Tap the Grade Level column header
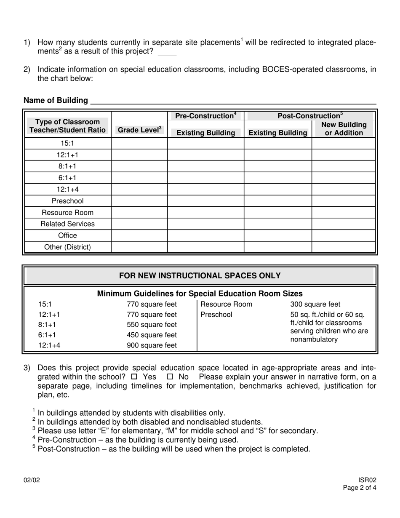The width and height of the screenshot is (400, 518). point(139,130)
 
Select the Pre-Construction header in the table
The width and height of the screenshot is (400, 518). point(205,116)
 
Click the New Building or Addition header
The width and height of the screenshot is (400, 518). point(344,129)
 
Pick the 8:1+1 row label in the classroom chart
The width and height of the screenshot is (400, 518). point(67,166)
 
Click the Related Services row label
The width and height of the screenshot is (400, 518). point(67,224)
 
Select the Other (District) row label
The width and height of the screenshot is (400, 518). point(67,247)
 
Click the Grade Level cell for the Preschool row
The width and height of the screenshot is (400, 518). point(139,201)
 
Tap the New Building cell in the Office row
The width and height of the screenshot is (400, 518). point(344,235)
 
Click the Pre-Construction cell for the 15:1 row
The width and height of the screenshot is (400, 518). point(205,144)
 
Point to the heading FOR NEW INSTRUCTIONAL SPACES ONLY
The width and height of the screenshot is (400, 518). point(200,276)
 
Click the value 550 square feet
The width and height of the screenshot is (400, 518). point(152,325)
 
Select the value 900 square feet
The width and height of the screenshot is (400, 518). point(152,345)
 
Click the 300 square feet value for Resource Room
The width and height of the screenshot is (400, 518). point(315,304)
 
